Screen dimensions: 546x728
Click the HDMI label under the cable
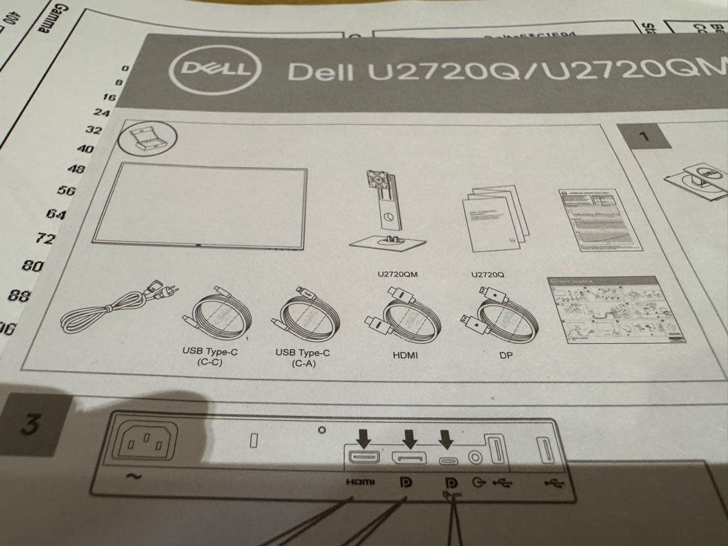[404, 354]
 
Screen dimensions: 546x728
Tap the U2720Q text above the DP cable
[489, 275]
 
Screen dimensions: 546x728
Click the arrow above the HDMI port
[364, 439]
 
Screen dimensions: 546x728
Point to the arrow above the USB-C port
[446, 439]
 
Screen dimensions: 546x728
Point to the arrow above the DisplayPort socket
[407, 439]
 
